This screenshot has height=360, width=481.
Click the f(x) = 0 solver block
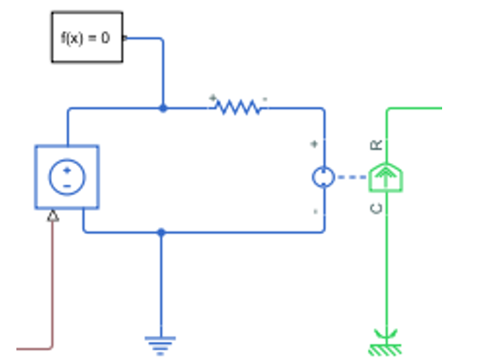point(87,37)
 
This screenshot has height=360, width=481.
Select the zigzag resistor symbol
point(238,107)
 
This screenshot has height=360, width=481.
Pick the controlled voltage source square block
point(66,177)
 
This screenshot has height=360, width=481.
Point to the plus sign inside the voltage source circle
point(67,170)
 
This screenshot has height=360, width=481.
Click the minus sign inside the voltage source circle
point(67,186)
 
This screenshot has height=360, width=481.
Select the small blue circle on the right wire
point(323,177)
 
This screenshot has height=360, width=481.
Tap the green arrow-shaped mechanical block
point(386,177)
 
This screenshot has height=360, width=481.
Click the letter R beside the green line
point(377,145)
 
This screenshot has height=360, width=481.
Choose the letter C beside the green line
point(377,209)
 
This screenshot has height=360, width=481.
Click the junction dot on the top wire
point(163,108)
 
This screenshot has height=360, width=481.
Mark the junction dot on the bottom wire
point(161,232)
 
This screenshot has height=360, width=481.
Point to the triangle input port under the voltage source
point(53,216)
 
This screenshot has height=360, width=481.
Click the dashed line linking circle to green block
point(351,177)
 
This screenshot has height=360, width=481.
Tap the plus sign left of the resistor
point(212,98)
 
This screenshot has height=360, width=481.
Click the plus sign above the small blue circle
point(313,144)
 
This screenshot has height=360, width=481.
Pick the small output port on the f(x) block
point(125,38)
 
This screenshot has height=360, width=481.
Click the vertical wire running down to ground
point(161,285)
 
